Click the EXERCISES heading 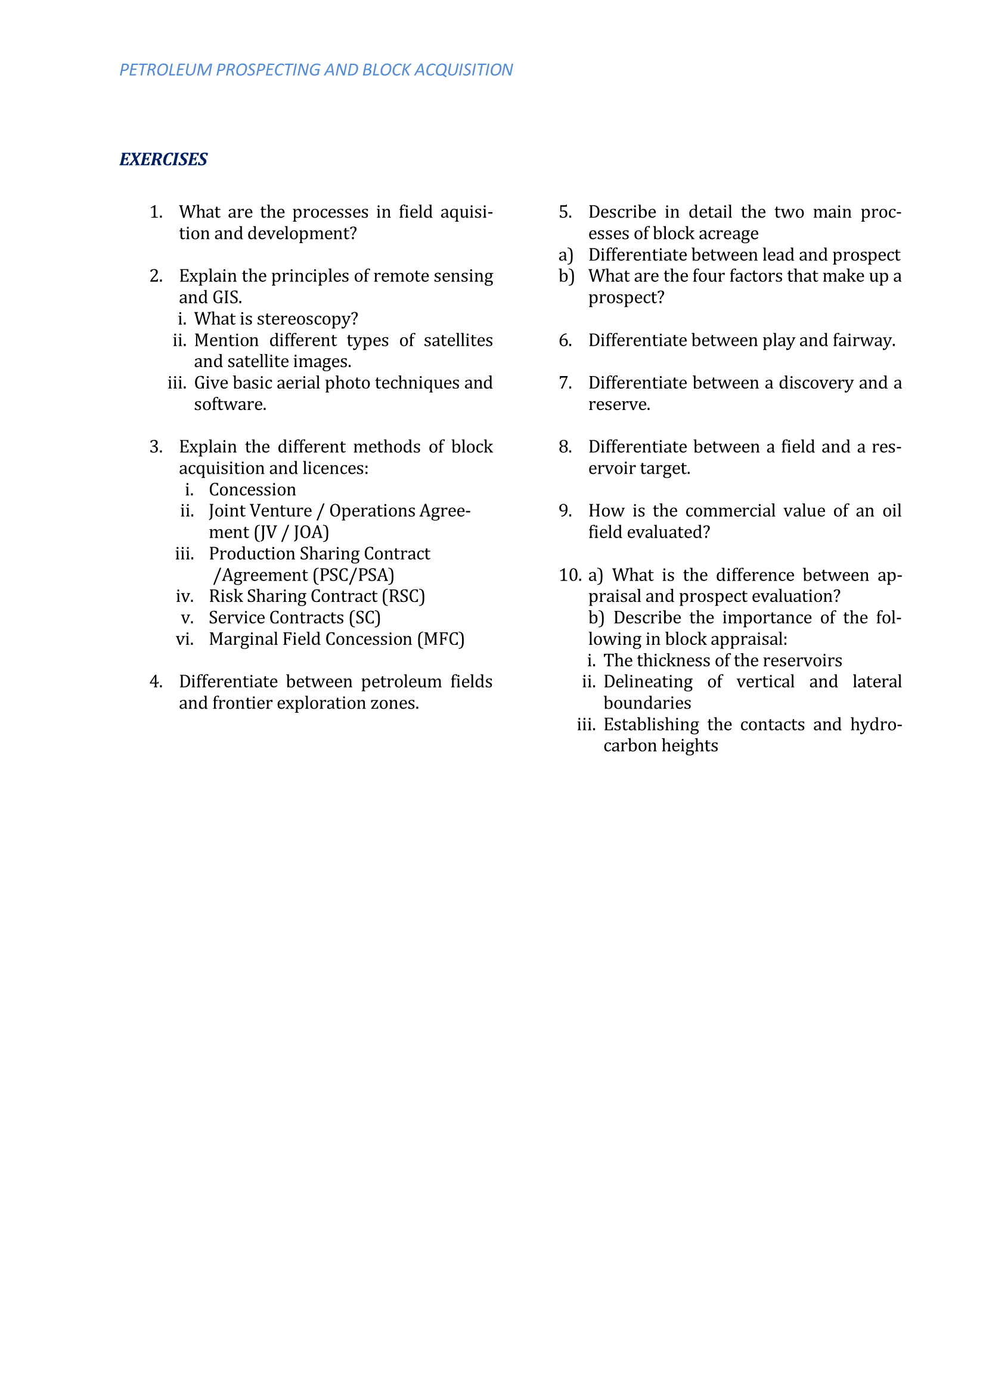pos(163,159)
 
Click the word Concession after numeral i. pos(252,489)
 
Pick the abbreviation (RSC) pos(403,596)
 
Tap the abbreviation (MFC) pos(441,639)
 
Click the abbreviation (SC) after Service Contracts pos(364,617)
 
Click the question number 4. pos(156,682)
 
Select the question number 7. pos(565,383)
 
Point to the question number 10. pos(569,575)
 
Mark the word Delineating pos(648,682)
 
